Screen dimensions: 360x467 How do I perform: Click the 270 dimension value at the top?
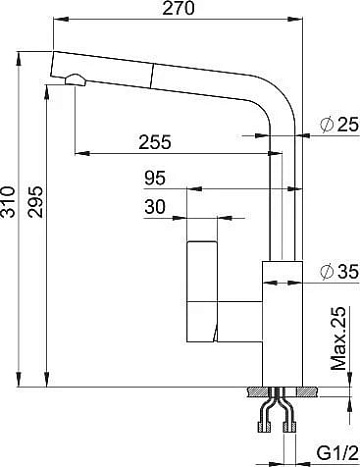point(178,8)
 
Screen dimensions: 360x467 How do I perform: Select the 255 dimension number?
point(155,142)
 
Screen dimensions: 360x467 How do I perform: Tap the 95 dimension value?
point(155,178)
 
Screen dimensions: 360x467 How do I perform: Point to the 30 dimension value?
point(155,207)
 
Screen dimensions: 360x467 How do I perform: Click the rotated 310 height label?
point(8,202)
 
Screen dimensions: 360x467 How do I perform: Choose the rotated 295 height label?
point(35,202)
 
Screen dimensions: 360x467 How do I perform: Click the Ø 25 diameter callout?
point(339,125)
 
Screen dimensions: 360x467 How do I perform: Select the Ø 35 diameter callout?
point(339,271)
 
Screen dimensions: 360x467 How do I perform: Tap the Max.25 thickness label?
point(338,338)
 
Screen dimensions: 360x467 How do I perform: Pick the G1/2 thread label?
point(337,453)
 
